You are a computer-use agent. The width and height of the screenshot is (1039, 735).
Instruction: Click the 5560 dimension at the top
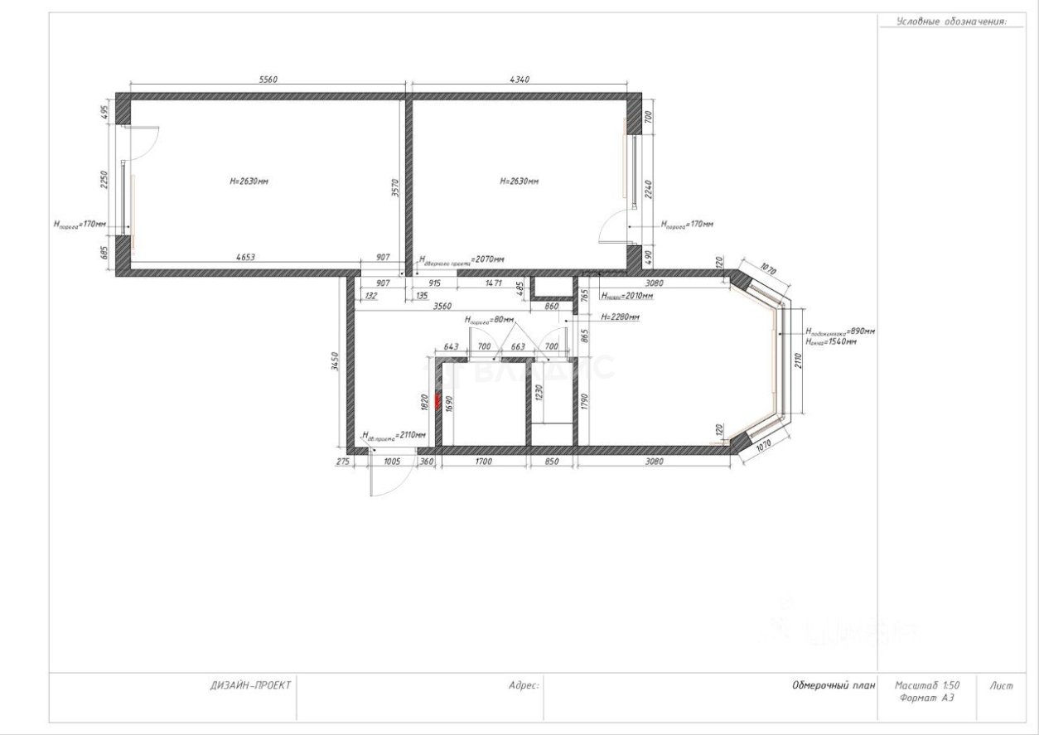[268, 80]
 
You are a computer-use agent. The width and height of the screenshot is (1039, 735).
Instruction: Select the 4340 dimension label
[516, 80]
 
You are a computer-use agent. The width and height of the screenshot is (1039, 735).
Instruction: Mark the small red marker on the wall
[438, 389]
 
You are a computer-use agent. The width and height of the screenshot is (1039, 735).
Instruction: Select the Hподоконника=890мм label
[840, 331]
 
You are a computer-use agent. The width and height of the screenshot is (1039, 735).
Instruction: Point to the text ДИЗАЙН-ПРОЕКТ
[248, 686]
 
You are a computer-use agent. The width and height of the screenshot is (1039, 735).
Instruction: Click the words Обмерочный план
[829, 686]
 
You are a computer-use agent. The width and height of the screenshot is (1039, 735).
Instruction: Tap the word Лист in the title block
[1000, 686]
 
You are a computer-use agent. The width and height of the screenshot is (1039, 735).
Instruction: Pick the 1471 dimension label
[494, 283]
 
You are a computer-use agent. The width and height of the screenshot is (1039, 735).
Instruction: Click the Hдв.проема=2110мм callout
[395, 434]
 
